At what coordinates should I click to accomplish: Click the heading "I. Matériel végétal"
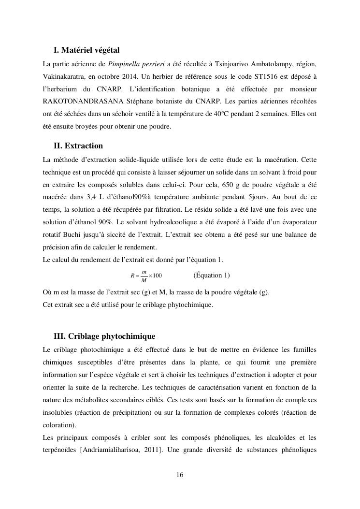coord(86,50)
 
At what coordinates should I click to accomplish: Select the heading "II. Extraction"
coord(78,145)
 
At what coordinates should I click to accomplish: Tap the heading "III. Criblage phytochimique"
coord(104,336)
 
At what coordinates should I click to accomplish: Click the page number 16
coord(180,475)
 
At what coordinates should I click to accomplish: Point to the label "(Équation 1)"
coord(212,276)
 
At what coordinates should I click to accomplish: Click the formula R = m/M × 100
coord(146,276)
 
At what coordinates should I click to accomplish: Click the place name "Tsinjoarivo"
coord(230,63)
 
